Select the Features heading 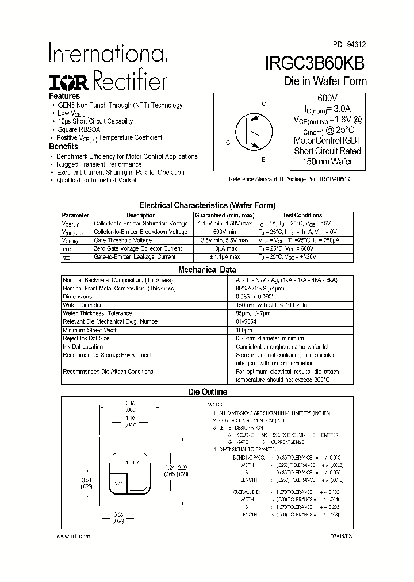tap(64, 96)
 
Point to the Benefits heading tap(63, 147)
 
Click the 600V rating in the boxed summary tap(327, 98)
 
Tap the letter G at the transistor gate tap(228, 143)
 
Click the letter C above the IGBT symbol tap(263, 105)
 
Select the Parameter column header tap(75, 215)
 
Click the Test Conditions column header tap(302, 215)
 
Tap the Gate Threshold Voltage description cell tap(123, 240)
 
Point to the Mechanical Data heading tap(207, 269)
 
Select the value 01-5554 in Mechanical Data tap(246, 321)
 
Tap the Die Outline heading tap(208, 392)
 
